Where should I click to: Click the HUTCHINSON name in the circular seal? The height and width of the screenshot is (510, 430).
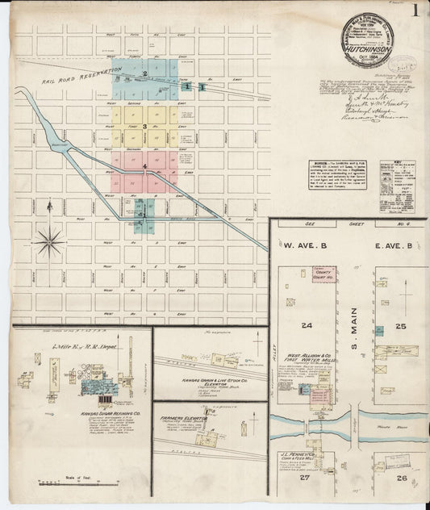pyautogui.click(x=367, y=48)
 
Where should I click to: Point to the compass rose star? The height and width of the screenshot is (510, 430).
pyautogui.click(x=49, y=239)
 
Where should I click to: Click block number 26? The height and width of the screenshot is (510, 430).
pyautogui.click(x=403, y=478)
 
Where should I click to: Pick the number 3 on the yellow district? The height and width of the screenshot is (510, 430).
pyautogui.click(x=144, y=126)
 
